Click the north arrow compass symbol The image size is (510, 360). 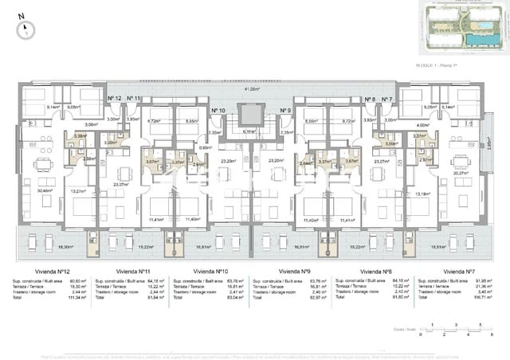(x=27, y=29)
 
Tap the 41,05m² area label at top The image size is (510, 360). (x=253, y=88)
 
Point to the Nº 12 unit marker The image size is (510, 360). (x=114, y=99)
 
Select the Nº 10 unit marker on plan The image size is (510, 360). (x=218, y=111)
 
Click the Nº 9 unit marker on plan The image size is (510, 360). (x=285, y=111)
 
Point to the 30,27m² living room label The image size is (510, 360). (x=460, y=173)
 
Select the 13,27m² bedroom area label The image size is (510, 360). (x=78, y=191)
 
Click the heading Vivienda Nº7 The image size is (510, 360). (x=459, y=272)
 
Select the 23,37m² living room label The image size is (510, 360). (x=121, y=185)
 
